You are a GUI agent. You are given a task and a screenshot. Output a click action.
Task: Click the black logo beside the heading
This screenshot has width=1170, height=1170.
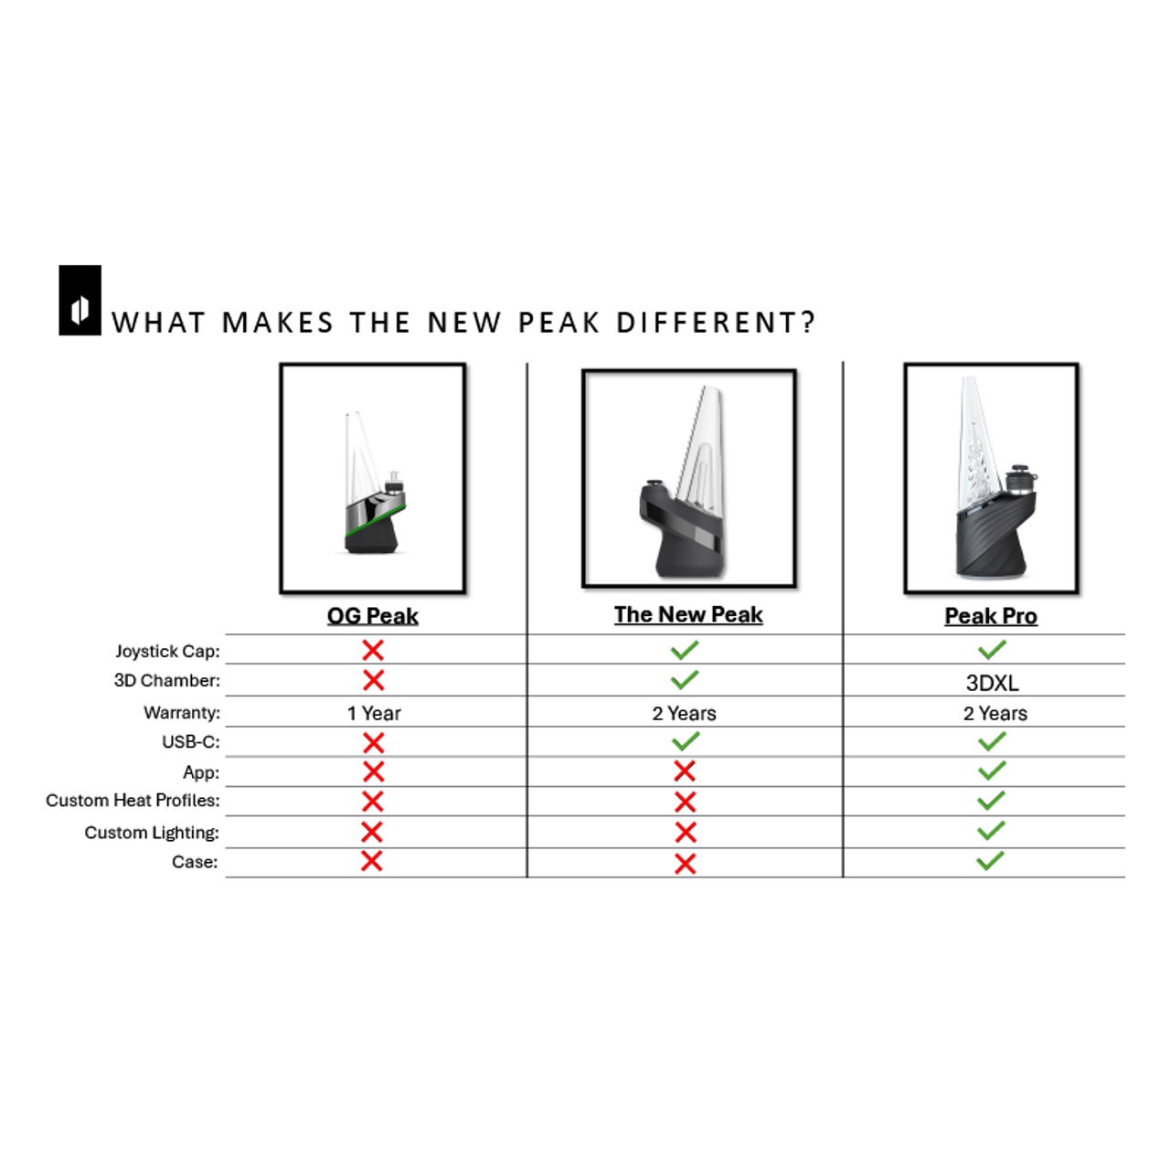coord(80,301)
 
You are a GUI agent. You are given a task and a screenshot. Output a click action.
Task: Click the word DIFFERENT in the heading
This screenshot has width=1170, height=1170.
coord(716,323)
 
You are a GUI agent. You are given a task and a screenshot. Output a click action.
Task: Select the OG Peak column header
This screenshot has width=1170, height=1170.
coord(373,616)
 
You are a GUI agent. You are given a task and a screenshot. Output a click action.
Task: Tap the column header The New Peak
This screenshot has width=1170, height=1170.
coord(688,614)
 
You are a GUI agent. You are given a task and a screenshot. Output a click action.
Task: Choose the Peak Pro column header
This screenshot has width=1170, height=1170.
coord(991,616)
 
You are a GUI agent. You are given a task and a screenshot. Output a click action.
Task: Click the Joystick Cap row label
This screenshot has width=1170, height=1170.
coord(167,651)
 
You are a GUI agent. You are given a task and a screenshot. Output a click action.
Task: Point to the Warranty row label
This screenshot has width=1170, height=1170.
coord(182,712)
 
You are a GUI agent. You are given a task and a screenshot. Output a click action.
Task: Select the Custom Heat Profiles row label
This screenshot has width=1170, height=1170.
coord(133,800)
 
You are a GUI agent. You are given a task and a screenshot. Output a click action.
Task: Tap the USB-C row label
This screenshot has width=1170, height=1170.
coord(191,741)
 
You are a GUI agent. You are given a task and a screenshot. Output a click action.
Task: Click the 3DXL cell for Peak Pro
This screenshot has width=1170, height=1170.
coord(992,683)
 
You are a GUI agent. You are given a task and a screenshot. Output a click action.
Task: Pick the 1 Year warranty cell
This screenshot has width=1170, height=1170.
coord(374,713)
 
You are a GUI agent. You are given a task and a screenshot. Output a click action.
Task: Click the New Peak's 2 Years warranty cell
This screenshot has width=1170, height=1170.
coord(684,713)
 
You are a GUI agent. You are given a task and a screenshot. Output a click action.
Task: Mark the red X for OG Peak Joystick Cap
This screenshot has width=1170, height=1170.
coord(373,650)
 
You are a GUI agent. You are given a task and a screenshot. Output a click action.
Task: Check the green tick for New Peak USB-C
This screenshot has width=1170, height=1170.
coord(686,740)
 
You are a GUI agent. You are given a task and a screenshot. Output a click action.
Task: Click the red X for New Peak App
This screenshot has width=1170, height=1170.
coord(685,771)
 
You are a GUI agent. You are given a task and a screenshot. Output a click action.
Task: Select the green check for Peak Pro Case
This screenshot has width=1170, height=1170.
coord(990,860)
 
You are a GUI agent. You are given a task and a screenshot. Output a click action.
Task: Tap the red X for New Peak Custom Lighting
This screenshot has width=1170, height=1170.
coord(686,832)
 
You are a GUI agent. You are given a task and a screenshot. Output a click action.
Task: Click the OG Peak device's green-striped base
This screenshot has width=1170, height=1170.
coord(373,530)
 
